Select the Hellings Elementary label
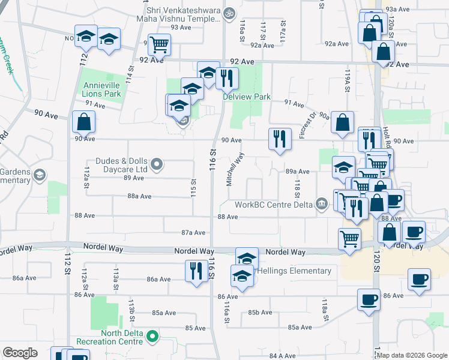click(294, 271)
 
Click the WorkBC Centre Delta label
click(273, 205)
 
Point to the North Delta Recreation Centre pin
click(152, 337)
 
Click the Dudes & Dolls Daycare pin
click(157, 163)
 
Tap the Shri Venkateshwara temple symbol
click(229, 12)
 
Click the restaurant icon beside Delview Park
click(227, 78)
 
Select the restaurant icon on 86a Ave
click(195, 270)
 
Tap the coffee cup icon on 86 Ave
click(369, 298)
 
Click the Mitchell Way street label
click(235, 169)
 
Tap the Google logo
click(20, 353)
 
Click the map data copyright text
click(412, 355)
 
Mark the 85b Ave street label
click(261, 313)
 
